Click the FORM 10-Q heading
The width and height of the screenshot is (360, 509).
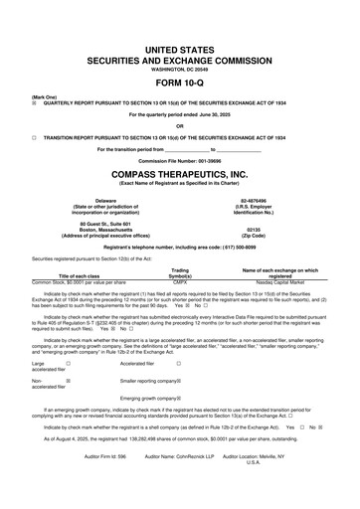(x=179, y=82)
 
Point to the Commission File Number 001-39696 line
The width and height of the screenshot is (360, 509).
(x=179, y=159)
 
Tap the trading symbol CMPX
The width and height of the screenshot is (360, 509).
(x=180, y=281)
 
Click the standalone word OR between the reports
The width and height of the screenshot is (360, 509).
(x=179, y=125)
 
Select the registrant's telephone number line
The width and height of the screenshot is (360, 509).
(x=179, y=245)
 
